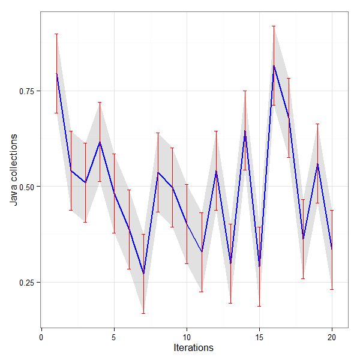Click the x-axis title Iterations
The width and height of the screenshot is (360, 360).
click(x=193, y=347)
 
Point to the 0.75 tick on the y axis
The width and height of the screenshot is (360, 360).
click(x=26, y=91)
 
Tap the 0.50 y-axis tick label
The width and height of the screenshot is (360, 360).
click(x=26, y=187)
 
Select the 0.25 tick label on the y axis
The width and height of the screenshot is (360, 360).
click(x=26, y=282)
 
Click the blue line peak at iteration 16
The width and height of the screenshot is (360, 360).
click(x=274, y=65)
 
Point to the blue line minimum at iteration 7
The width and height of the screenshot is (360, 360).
click(x=143, y=274)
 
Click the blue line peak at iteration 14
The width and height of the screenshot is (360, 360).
click(x=245, y=130)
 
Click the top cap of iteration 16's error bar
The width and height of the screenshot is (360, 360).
click(x=274, y=26)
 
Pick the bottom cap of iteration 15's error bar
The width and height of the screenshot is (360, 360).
click(x=259, y=306)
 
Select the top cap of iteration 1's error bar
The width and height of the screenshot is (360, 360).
click(x=56, y=34)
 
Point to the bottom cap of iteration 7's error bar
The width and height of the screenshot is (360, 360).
click(x=143, y=313)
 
